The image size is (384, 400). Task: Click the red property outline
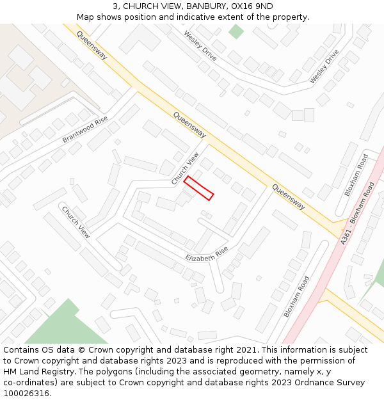198,188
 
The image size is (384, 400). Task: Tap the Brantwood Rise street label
85,131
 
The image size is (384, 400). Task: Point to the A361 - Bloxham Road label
358,213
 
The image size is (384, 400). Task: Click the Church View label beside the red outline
185,169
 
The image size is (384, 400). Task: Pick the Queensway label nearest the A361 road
288,197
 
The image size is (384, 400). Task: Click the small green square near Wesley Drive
236,31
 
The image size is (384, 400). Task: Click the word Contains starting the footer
22,350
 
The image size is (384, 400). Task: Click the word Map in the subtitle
85,17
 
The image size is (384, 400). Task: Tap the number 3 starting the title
115,6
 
